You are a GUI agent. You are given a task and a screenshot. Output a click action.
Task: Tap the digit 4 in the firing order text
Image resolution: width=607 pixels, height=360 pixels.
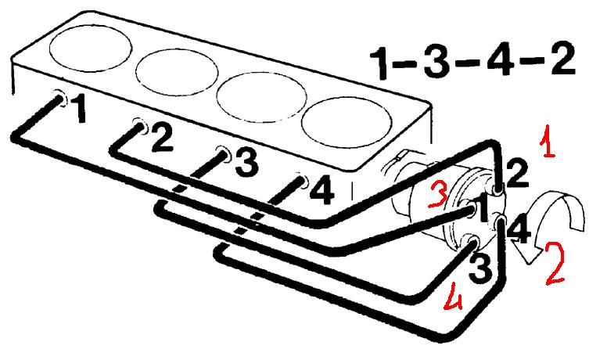(499, 57)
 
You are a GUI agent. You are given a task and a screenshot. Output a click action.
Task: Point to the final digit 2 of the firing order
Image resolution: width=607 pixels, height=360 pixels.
(562, 56)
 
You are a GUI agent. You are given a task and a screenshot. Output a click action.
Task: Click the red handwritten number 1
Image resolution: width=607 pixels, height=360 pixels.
(548, 141)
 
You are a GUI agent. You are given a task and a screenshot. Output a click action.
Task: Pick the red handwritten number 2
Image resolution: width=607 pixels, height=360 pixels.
(555, 263)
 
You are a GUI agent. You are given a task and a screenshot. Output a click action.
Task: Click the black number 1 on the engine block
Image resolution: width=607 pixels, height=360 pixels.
(79, 109)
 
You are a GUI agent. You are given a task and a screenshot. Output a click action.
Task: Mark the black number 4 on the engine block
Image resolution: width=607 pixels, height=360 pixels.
(322, 190)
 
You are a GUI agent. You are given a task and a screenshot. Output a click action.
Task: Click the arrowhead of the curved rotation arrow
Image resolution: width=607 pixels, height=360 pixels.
(526, 253)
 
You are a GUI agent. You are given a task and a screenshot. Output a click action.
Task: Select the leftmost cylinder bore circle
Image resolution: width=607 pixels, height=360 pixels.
(91, 49)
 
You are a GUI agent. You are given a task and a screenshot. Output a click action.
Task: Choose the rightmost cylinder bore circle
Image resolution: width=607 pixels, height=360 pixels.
(347, 123)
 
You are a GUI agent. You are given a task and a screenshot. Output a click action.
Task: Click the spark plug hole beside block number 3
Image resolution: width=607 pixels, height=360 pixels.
(224, 152)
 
